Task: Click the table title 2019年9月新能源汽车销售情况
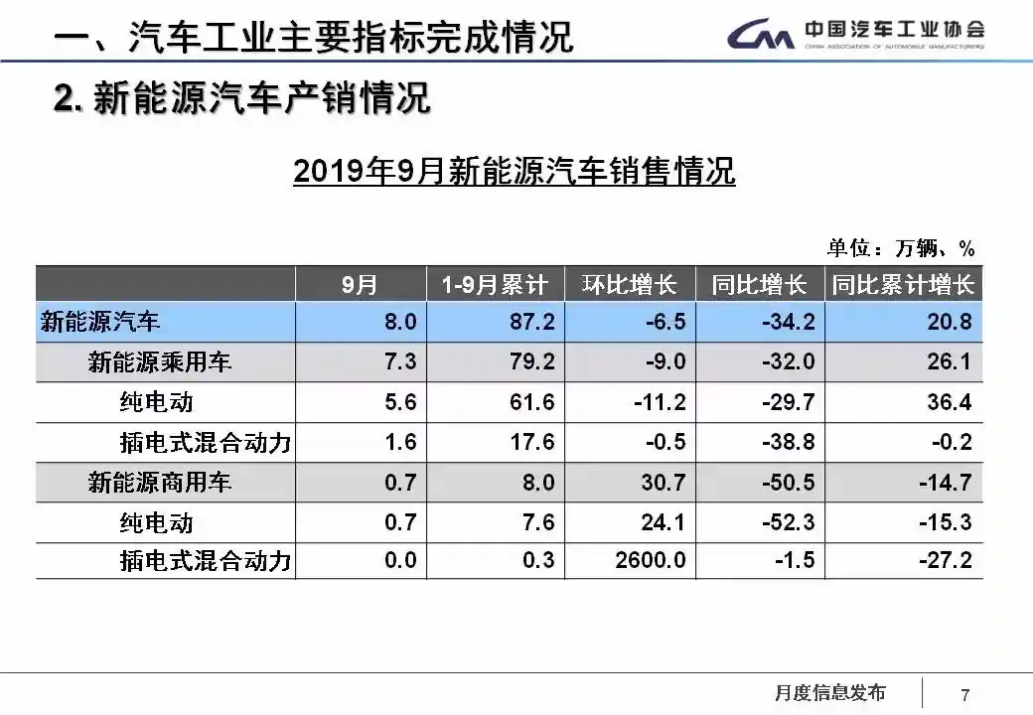pyautogui.click(x=515, y=171)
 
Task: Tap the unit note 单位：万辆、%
pyautogui.click(x=901, y=247)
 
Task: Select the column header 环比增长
pyautogui.click(x=630, y=285)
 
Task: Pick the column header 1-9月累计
pyautogui.click(x=495, y=285)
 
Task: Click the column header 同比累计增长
pyautogui.click(x=903, y=285)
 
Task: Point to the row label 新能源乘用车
pyautogui.click(x=160, y=362)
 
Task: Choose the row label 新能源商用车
pyautogui.click(x=160, y=482)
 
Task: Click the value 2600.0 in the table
pyautogui.click(x=650, y=560)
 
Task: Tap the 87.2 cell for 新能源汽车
pyautogui.click(x=531, y=322)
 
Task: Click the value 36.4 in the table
pyautogui.click(x=949, y=402)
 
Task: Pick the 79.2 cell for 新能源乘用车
pyautogui.click(x=531, y=361)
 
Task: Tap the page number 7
pyautogui.click(x=964, y=694)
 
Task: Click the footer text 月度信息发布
pyautogui.click(x=829, y=693)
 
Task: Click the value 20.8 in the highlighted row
pyautogui.click(x=949, y=322)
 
